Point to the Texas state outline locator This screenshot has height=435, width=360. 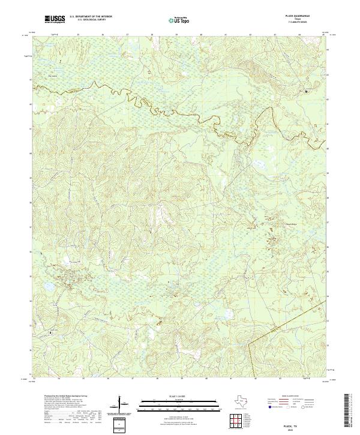241,401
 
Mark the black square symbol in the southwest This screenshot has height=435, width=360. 50,332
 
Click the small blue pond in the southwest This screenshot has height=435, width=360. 64,261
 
